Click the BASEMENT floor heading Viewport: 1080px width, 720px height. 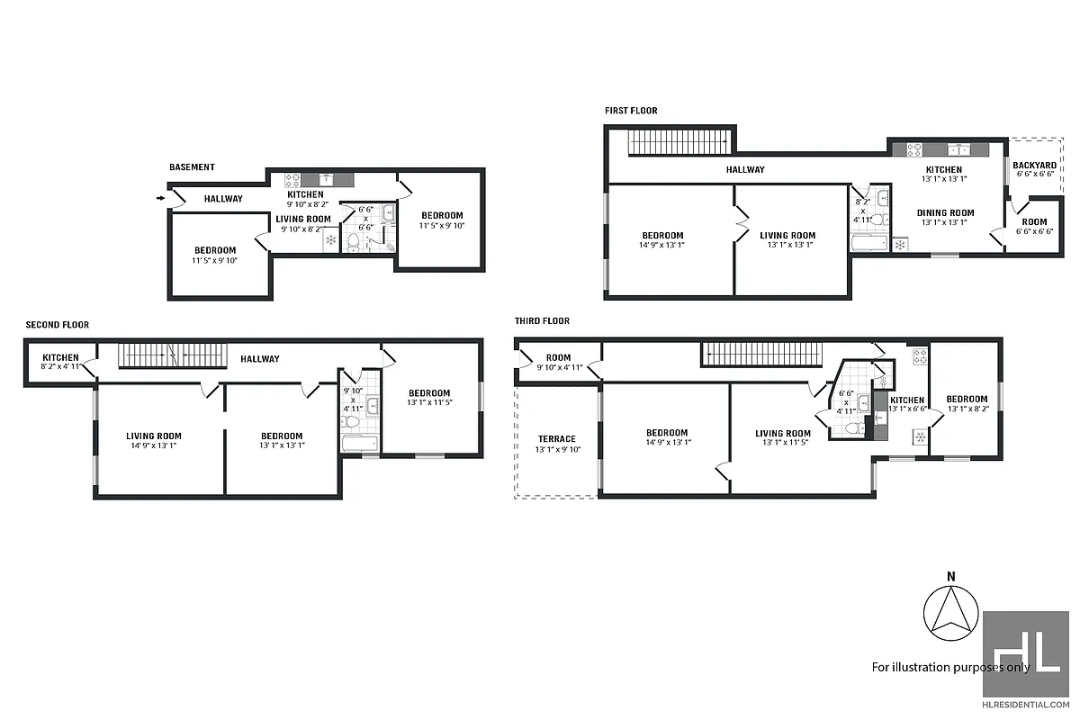pyautogui.click(x=192, y=167)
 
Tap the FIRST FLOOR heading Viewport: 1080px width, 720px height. pyautogui.click(x=631, y=111)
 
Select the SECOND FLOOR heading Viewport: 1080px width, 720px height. pyautogui.click(x=58, y=325)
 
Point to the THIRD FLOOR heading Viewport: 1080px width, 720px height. pyautogui.click(x=542, y=320)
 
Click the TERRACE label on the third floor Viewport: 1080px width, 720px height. pyautogui.click(x=557, y=439)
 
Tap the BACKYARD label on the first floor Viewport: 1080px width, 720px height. pyautogui.click(x=1034, y=166)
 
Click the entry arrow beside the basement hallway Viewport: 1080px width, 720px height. pyautogui.click(x=160, y=198)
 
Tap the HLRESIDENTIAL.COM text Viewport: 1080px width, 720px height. pyautogui.click(x=1025, y=705)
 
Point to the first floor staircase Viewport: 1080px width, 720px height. pyautogui.click(x=678, y=142)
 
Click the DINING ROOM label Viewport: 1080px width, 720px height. pyautogui.click(x=944, y=213)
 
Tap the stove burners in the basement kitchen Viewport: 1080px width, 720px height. pyautogui.click(x=292, y=180)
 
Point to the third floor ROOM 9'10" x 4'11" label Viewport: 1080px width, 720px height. pyautogui.click(x=558, y=362)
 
